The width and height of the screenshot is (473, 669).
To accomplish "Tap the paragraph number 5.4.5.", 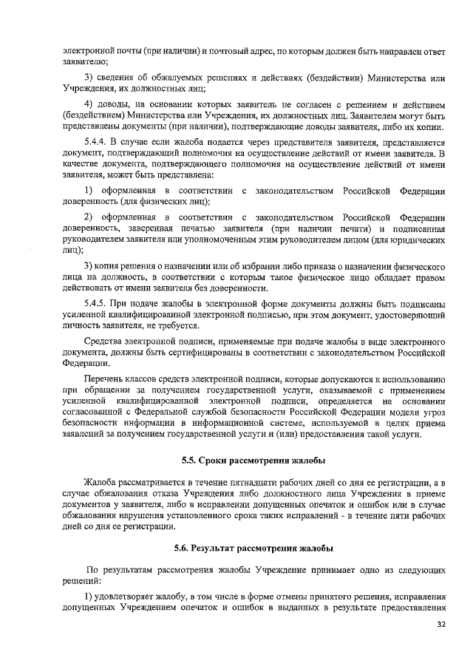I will (99, 303).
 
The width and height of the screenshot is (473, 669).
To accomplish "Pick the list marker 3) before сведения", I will (89, 79).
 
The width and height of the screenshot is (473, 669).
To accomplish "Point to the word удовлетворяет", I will (126, 596).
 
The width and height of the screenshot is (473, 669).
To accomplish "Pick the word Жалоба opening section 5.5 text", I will (101, 481).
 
